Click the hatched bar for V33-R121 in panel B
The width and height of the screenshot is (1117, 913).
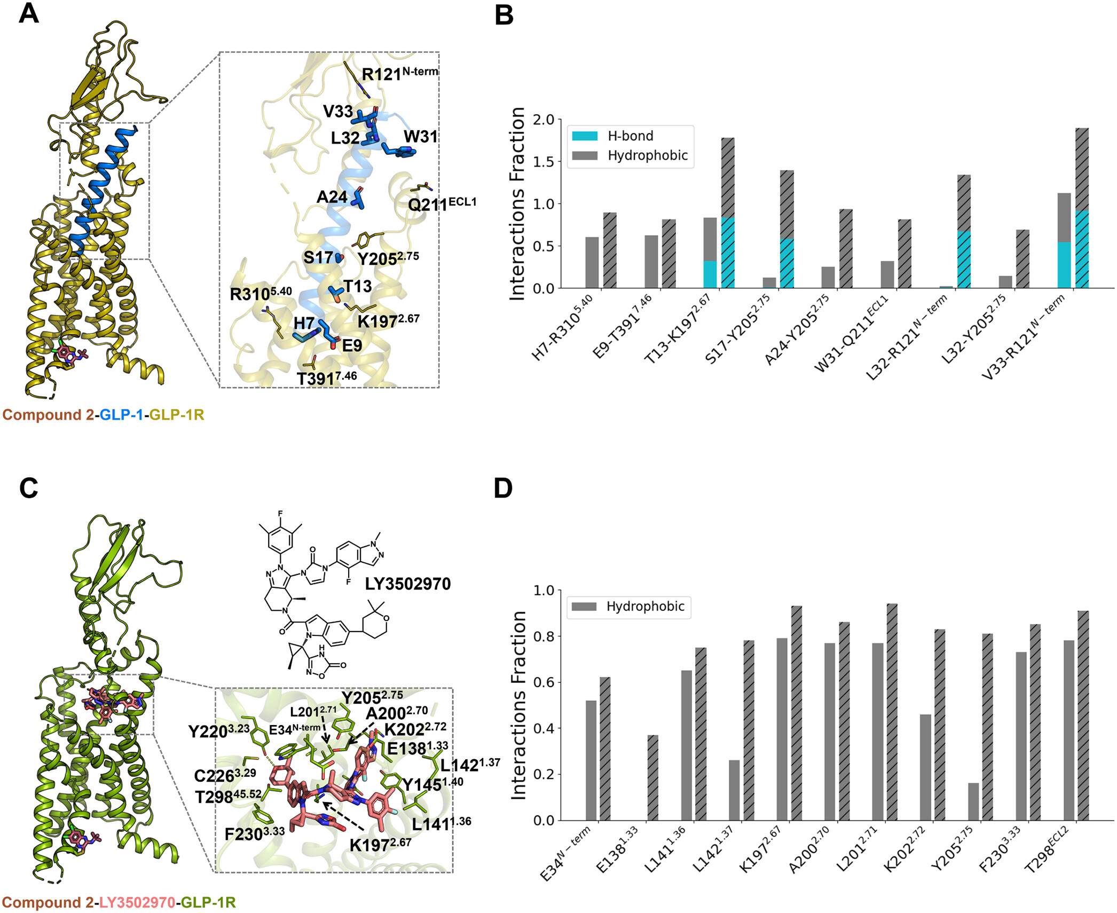click(1082, 208)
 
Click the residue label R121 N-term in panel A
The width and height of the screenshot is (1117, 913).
click(399, 73)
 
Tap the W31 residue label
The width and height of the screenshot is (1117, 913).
click(420, 137)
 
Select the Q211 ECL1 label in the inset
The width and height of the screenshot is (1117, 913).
click(442, 204)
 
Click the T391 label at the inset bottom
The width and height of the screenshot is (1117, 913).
click(326, 378)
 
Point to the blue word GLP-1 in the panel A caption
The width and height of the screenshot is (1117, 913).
click(121, 415)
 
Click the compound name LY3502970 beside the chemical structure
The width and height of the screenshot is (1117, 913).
click(408, 584)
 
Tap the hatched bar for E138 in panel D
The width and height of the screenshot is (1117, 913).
click(652, 777)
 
